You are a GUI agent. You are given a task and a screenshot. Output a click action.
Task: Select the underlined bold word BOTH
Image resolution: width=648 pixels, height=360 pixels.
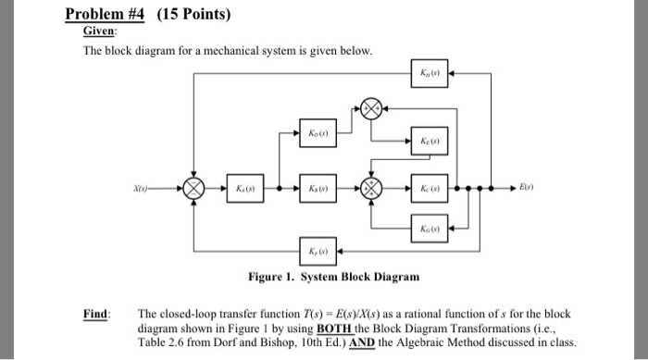tap(335, 327)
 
